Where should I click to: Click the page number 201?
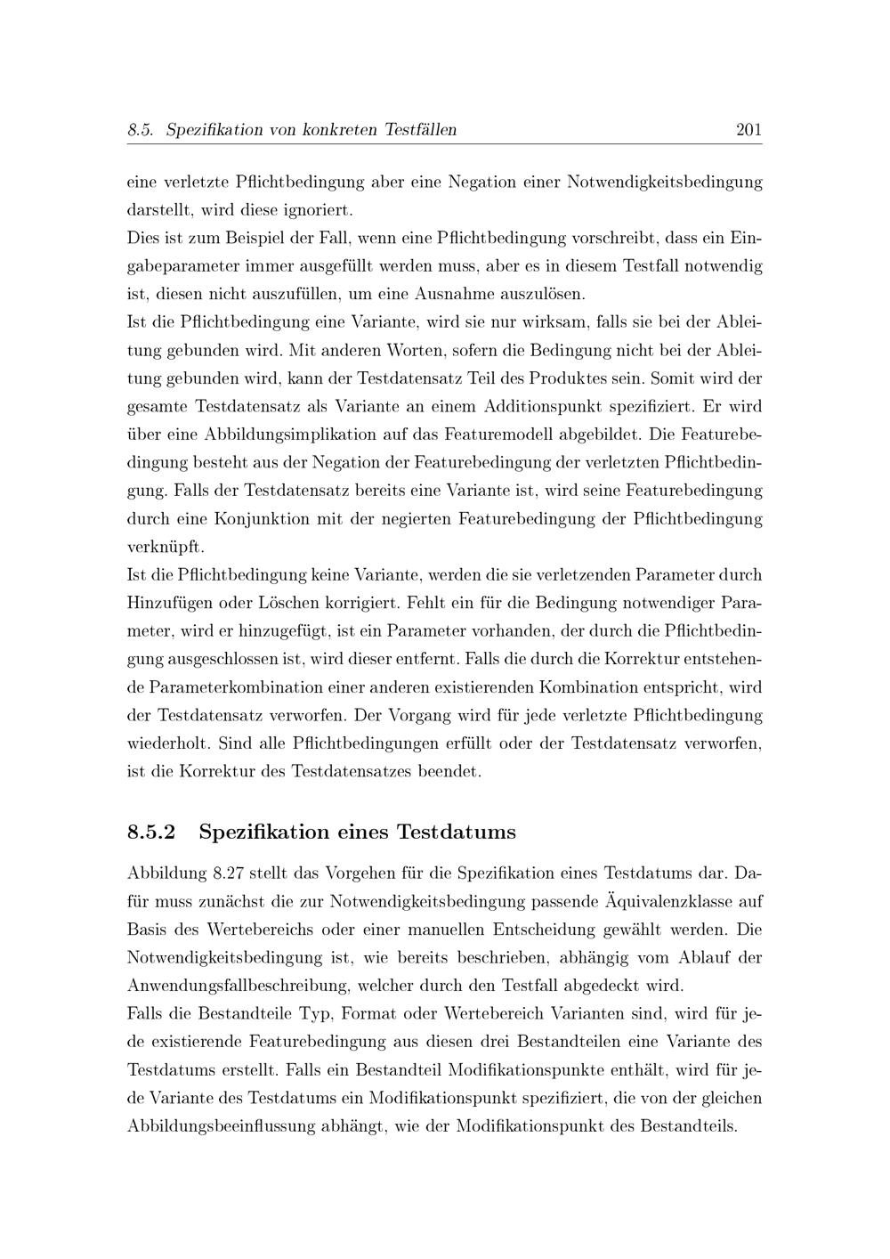tap(748, 130)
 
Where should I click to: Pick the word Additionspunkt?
tap(546, 407)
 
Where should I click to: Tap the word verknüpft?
tap(166, 547)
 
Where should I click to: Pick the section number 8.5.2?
tap(152, 833)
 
